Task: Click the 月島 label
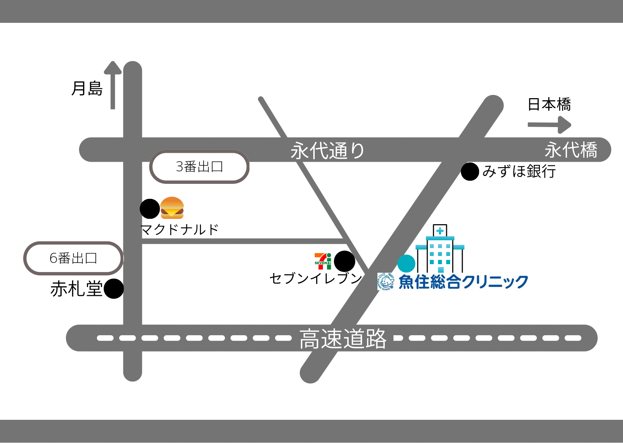click(87, 89)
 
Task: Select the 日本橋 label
click(549, 105)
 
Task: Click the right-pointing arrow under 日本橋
click(549, 125)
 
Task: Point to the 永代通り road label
click(327, 151)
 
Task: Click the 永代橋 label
click(571, 150)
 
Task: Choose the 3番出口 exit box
click(199, 167)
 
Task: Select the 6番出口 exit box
click(73, 258)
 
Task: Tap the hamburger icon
click(172, 208)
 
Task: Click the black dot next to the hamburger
click(150, 209)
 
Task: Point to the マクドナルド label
click(180, 230)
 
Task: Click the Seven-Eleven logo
click(323, 261)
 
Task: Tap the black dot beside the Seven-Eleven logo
click(344, 261)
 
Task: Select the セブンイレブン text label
click(316, 278)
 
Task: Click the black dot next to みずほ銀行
click(470, 172)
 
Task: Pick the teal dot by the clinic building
click(406, 264)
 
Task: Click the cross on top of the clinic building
click(440, 231)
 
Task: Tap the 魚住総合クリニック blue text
click(463, 282)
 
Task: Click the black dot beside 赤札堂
click(114, 288)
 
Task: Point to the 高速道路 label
click(343, 339)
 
